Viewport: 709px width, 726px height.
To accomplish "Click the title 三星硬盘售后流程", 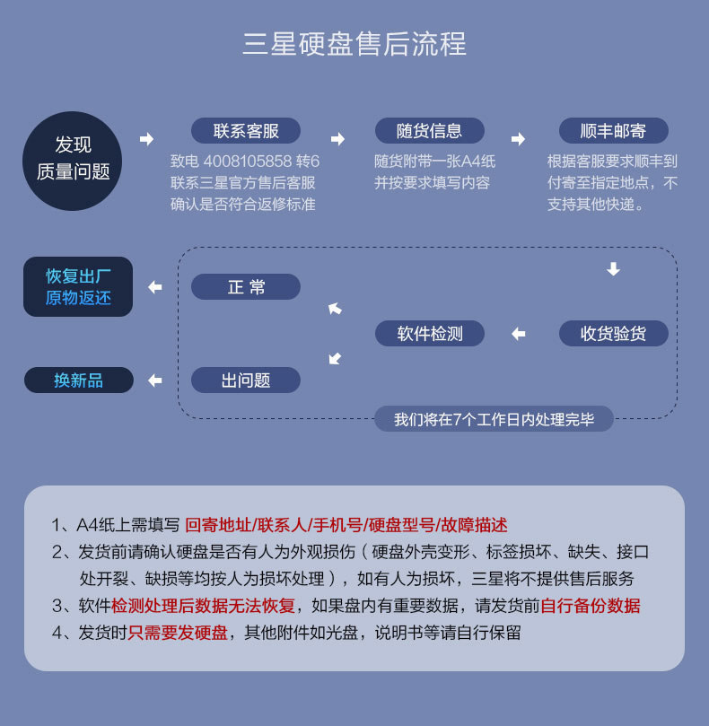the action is coord(354,44).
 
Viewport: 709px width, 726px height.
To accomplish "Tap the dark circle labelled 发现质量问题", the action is coord(73,159).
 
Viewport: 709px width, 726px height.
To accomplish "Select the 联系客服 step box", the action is coord(246,131).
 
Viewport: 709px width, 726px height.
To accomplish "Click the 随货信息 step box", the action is coord(429,131).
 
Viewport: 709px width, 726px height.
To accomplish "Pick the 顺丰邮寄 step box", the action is coord(613,131).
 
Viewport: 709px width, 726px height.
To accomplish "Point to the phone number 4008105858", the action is coord(248,162).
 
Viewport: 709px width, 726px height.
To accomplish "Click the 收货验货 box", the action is coord(613,334).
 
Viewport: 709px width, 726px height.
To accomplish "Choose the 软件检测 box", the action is coord(430,334).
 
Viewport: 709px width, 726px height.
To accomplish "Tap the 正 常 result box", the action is coord(246,287).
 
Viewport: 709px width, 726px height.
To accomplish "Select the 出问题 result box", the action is coord(246,380).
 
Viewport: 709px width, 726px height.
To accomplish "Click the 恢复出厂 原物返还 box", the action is coord(78,287).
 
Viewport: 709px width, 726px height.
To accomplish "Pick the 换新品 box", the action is coord(78,380).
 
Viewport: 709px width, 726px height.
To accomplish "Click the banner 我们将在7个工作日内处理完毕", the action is coord(494,419).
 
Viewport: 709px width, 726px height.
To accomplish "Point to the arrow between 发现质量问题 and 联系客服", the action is coord(147,139).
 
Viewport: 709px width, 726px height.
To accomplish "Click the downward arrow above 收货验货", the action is coord(613,269).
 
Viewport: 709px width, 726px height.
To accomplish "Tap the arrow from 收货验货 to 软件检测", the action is coord(518,334).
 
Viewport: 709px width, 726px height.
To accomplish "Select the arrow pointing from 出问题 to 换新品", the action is coord(155,380).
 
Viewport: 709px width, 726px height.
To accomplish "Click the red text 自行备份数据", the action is coord(591,606).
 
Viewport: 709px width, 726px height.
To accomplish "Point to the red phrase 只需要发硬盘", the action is coord(178,633).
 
